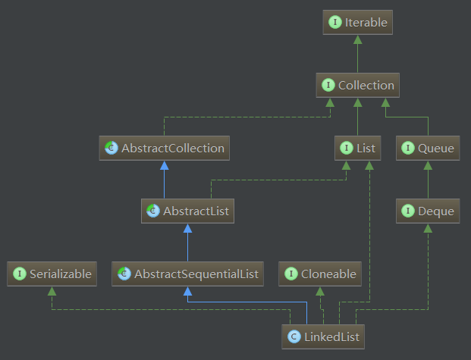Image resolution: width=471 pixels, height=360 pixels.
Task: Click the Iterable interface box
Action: click(x=357, y=23)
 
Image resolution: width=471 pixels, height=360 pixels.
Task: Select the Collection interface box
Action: click(x=357, y=86)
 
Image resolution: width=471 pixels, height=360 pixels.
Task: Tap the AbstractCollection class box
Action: click(x=165, y=148)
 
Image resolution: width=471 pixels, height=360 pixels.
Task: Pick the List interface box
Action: click(x=357, y=148)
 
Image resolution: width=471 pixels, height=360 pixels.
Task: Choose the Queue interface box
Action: click(x=428, y=148)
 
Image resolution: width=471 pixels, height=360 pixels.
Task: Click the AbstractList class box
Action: click(x=188, y=211)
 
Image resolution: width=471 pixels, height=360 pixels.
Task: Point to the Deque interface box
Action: click(x=428, y=211)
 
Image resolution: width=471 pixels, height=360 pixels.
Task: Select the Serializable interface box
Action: click(x=52, y=274)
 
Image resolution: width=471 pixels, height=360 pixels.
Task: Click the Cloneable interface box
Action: click(x=320, y=274)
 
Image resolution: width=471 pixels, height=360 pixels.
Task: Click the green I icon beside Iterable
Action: click(x=335, y=23)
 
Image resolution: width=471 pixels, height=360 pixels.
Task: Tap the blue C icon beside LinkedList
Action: click(x=294, y=336)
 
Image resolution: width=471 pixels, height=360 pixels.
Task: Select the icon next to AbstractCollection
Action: click(x=111, y=148)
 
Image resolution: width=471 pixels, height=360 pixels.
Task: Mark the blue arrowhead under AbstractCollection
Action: click(x=165, y=164)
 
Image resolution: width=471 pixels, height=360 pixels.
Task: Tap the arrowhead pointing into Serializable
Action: click(x=52, y=290)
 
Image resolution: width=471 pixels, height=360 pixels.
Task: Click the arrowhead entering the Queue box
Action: click(x=428, y=164)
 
